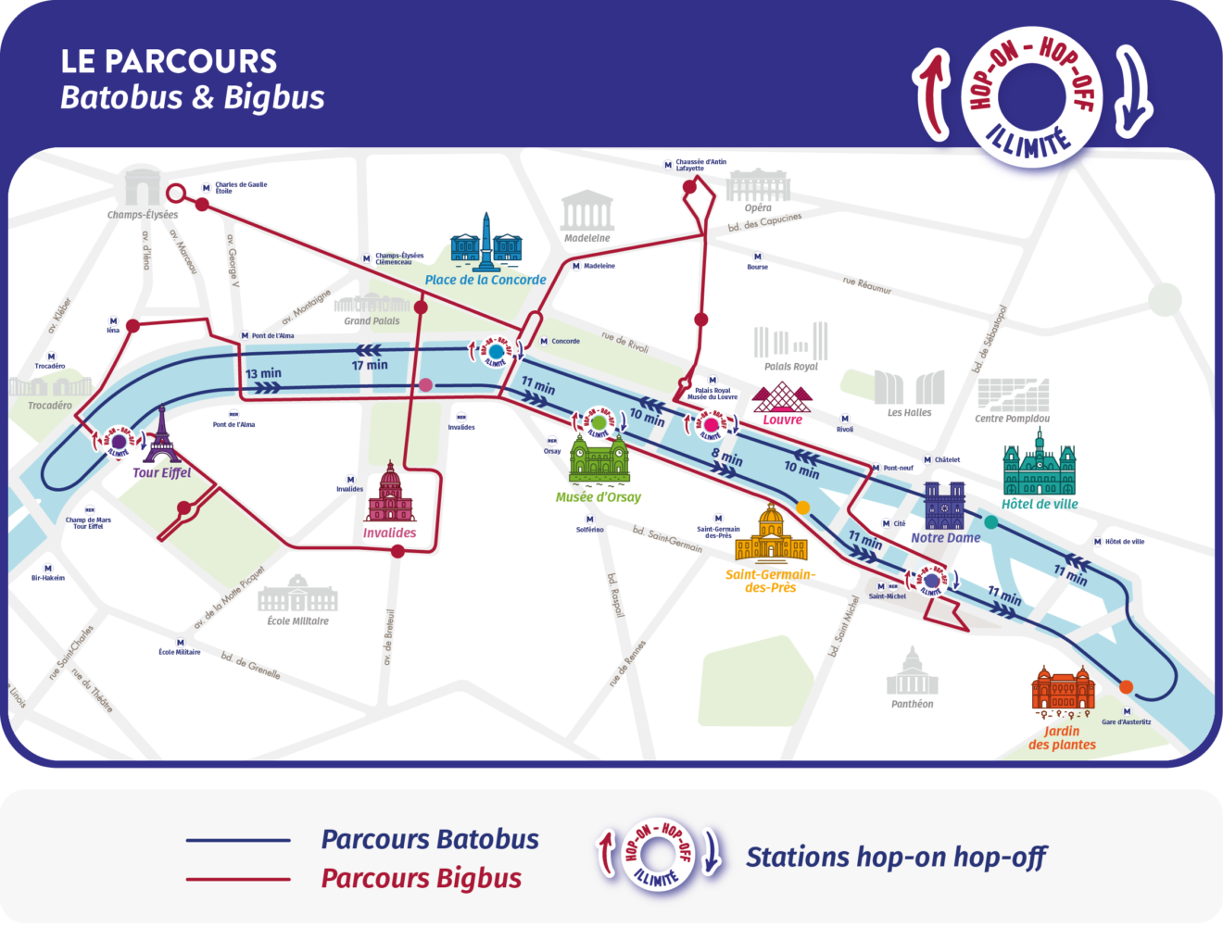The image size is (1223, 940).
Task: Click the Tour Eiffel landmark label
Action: point(161,473)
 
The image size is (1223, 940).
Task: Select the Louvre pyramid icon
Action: point(782,397)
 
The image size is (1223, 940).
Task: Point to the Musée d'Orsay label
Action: point(598,497)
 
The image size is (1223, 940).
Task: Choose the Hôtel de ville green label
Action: point(1040,505)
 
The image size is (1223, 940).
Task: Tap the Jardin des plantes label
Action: point(1062,738)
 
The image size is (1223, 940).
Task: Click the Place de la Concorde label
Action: point(485,280)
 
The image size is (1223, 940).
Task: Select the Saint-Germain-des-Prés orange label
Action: point(770,581)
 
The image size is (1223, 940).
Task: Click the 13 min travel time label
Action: point(263,374)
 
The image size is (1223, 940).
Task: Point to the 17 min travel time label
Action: point(370,365)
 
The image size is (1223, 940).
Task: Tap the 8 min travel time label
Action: point(727,457)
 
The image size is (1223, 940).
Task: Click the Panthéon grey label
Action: point(913,704)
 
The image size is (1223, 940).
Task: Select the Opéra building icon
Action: point(758,185)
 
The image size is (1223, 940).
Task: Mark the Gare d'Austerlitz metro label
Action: point(1127,722)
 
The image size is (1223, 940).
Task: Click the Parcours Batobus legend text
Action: point(430,840)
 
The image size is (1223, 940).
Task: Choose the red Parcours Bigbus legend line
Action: point(238,879)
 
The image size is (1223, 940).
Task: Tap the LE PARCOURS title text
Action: point(169,62)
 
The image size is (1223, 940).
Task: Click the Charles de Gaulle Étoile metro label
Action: point(241,188)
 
